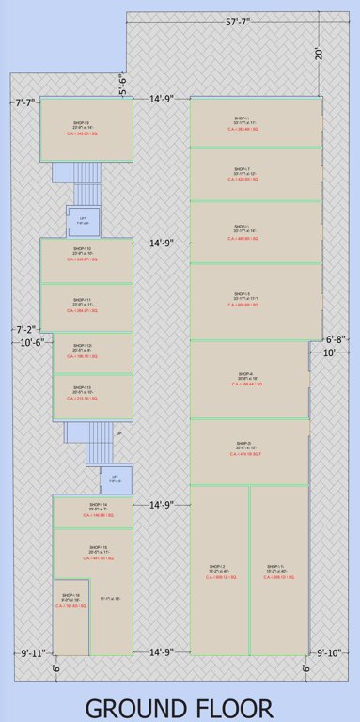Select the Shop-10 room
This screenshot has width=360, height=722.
click(86, 260)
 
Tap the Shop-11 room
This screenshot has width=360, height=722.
click(86, 307)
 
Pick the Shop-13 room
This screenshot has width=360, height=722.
click(93, 396)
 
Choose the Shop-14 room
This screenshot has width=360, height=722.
click(93, 512)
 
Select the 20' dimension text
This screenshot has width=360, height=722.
click(320, 54)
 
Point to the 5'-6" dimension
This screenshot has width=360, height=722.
click(123, 86)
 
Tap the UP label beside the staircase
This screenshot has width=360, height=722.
click(118, 433)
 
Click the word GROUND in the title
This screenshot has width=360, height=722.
click(141, 705)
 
